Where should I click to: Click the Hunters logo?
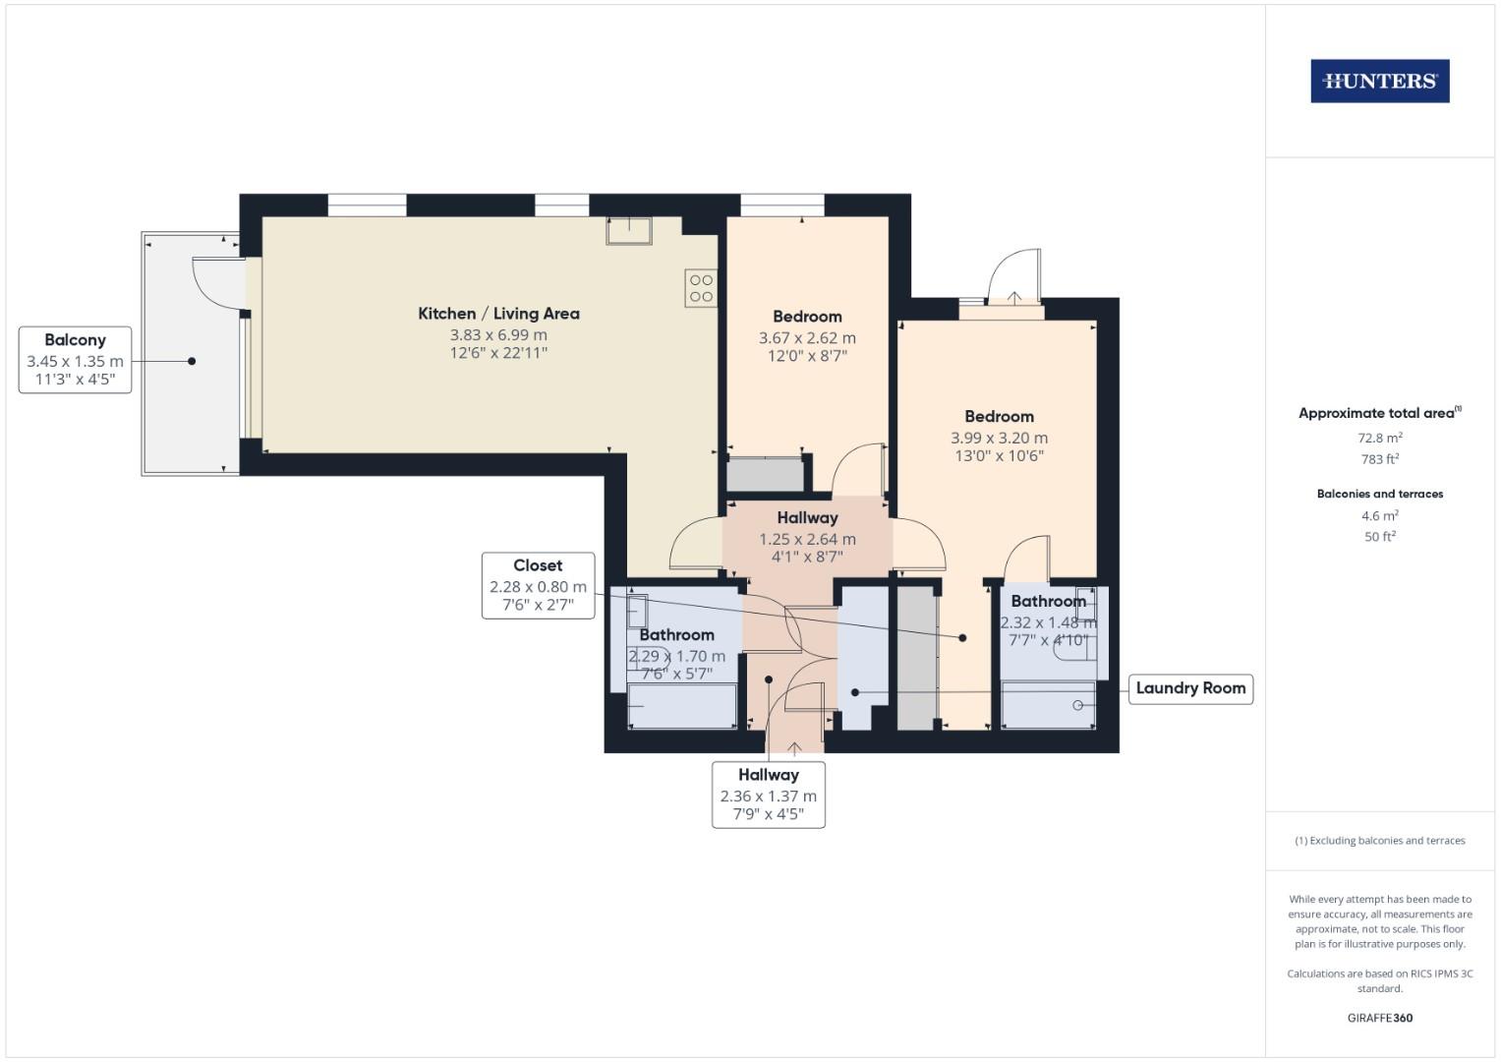1379,82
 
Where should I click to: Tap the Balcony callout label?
75,360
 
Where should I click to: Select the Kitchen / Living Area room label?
498,314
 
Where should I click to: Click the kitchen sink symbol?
629,230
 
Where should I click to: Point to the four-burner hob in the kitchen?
701,288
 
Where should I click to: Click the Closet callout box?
538,585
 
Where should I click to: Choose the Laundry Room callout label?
1190,688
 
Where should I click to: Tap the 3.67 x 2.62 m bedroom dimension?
807,338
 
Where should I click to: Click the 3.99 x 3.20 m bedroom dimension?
999,439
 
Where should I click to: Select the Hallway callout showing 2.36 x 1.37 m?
768,795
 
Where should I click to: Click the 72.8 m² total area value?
1379,439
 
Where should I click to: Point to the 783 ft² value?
1379,459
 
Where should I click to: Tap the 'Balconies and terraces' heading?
1379,494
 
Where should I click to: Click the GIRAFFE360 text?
1379,1018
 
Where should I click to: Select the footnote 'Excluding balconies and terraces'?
1379,841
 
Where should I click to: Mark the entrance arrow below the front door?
794,749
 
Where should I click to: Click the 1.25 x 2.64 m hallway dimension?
807,540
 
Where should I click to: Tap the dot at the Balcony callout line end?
192,361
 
